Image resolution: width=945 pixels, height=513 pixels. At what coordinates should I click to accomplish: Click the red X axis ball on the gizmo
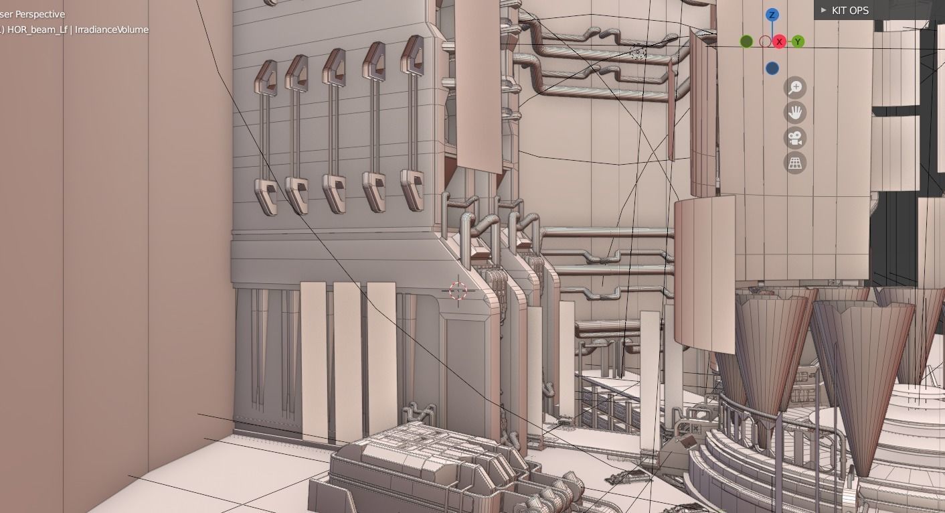click(779, 42)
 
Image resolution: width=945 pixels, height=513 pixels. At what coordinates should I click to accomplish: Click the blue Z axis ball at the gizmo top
click(772, 15)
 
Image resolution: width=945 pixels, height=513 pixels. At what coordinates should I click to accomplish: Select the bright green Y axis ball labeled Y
click(798, 42)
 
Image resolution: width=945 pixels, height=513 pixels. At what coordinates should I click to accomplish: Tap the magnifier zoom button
click(795, 88)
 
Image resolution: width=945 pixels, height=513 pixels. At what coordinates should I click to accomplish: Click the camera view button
click(795, 138)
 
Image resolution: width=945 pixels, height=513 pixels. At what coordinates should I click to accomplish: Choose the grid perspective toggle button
click(795, 163)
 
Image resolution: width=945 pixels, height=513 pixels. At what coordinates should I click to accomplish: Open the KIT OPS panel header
click(849, 10)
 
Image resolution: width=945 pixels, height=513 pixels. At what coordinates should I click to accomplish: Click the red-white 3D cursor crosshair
click(458, 291)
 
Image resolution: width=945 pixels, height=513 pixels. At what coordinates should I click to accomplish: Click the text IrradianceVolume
click(112, 29)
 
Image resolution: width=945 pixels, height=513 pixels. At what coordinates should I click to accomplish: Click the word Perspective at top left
click(41, 14)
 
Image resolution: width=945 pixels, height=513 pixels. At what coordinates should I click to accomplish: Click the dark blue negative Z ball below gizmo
click(772, 68)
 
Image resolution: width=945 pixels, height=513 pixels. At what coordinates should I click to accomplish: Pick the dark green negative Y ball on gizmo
click(747, 42)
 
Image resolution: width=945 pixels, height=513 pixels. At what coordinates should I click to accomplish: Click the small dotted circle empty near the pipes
click(638, 53)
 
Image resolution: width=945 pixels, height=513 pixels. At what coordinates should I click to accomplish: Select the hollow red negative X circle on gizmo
click(765, 42)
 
